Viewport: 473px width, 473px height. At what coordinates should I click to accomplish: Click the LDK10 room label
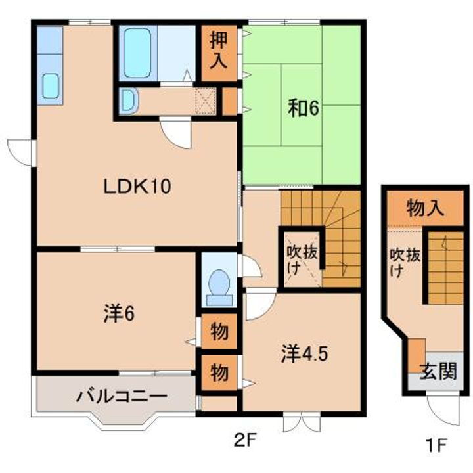(x=137, y=187)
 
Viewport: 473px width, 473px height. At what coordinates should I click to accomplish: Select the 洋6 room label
(x=119, y=315)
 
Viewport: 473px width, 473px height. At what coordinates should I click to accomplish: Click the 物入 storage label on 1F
(x=425, y=209)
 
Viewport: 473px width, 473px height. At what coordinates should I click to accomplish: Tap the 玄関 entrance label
(x=438, y=372)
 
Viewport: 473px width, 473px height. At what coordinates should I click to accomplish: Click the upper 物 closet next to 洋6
(x=219, y=332)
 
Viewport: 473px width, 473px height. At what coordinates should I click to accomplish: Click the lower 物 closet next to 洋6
(x=219, y=372)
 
